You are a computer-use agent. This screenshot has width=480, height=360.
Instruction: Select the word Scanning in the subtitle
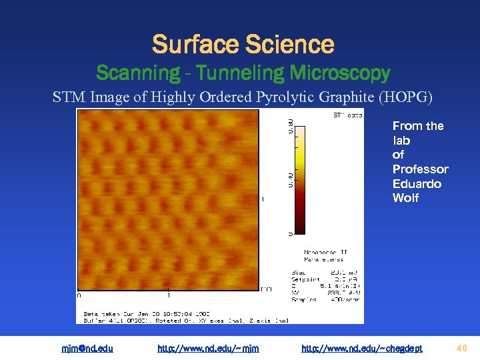click(x=138, y=73)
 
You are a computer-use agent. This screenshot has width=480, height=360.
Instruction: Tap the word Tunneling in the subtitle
click(x=228, y=73)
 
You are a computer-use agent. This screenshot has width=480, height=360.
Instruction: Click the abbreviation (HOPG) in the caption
click(x=405, y=97)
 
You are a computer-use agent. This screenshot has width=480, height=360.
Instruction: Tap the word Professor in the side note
click(x=420, y=169)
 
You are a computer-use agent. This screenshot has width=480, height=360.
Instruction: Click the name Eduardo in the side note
click(x=417, y=184)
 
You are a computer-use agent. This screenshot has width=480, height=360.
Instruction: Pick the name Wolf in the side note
click(x=405, y=198)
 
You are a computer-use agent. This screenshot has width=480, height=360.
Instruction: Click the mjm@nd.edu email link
click(x=87, y=348)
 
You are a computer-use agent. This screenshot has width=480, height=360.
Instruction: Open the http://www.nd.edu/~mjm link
click(x=208, y=348)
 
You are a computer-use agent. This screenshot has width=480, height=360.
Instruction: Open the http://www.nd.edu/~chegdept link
click(x=361, y=348)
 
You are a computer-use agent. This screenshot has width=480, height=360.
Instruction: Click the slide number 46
click(x=463, y=347)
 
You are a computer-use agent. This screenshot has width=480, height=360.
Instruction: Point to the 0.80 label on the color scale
click(x=289, y=125)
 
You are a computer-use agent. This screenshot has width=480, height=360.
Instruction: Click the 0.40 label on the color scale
click(x=289, y=180)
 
